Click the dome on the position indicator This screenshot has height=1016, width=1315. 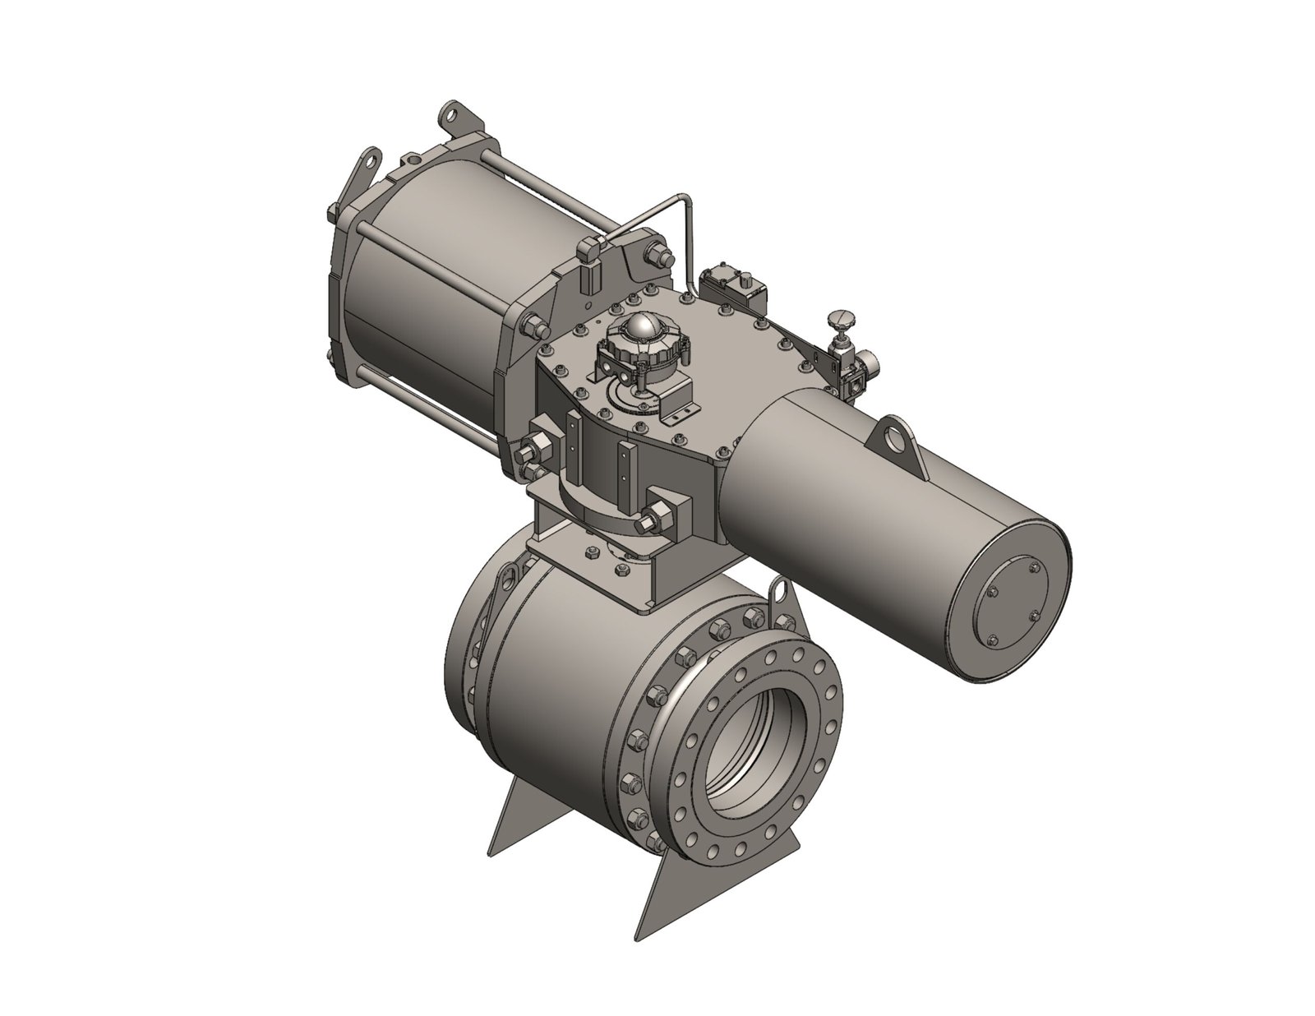[642, 329]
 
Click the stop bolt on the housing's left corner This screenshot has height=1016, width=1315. [539, 448]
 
